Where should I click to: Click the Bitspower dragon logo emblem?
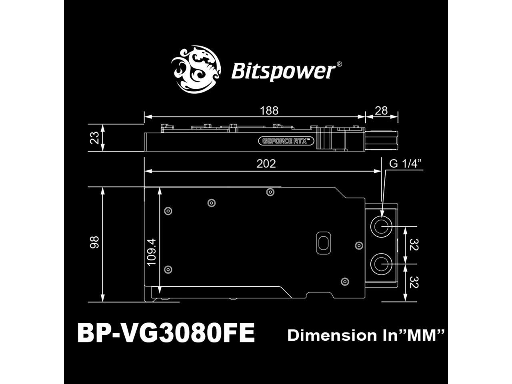click(x=196, y=70)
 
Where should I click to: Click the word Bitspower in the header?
click(x=283, y=72)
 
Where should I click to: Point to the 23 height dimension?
click(x=95, y=138)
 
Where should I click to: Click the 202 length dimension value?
click(x=266, y=164)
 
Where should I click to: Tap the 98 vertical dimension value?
click(x=94, y=242)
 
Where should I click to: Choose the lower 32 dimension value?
click(x=414, y=282)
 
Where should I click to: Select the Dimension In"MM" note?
click(x=366, y=335)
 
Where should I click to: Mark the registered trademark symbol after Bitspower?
click(x=339, y=64)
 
